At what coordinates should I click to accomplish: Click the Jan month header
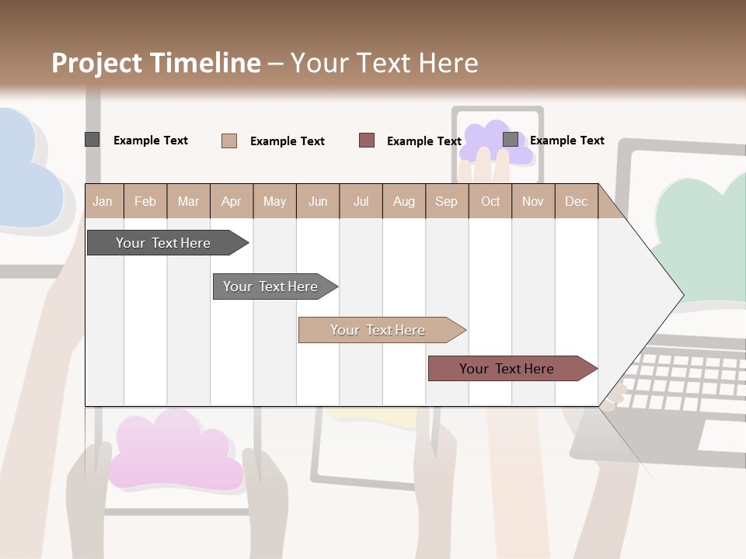click(x=103, y=201)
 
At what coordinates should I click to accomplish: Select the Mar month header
click(x=188, y=201)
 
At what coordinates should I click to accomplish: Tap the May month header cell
click(x=274, y=201)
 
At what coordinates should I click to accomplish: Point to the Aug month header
click(x=403, y=201)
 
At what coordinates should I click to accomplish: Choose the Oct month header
click(x=490, y=201)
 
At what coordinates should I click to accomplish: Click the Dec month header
click(x=576, y=201)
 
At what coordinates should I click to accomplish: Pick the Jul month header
click(x=361, y=201)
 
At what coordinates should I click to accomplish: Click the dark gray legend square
click(x=92, y=140)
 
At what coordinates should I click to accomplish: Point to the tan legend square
click(x=228, y=141)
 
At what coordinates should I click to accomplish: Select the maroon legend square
click(x=367, y=140)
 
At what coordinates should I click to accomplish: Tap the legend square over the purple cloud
click(x=511, y=139)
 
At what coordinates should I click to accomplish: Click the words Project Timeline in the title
click(x=155, y=63)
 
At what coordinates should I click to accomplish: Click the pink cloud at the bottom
click(x=175, y=454)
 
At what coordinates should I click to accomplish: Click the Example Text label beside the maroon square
click(x=424, y=141)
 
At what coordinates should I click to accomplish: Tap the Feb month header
click(x=145, y=201)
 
